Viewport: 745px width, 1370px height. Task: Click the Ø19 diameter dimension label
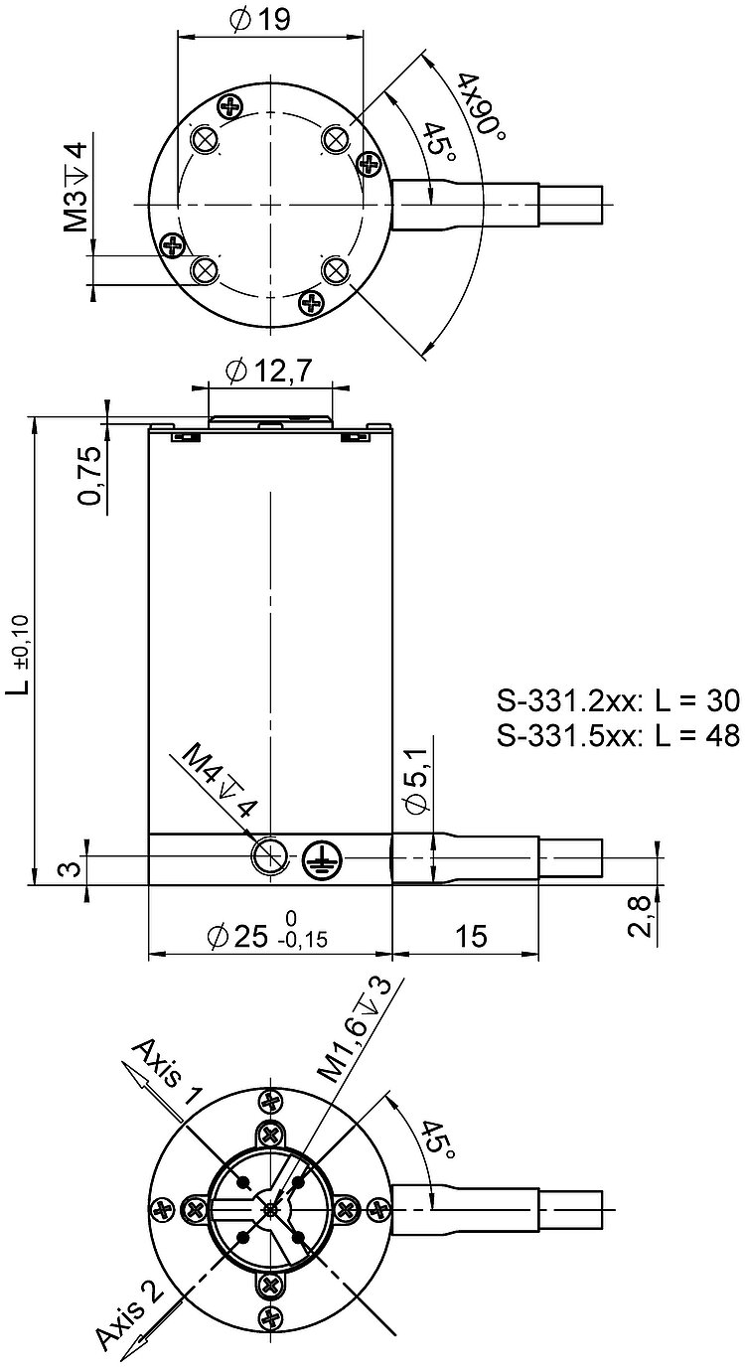(x=259, y=20)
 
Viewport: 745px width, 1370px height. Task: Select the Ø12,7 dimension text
(x=268, y=371)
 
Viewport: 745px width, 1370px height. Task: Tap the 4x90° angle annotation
(x=483, y=107)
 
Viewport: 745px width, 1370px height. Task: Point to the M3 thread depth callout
(x=76, y=186)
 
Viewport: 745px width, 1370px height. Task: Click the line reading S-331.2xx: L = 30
(x=618, y=701)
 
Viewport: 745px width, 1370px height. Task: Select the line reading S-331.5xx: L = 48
(x=618, y=735)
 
